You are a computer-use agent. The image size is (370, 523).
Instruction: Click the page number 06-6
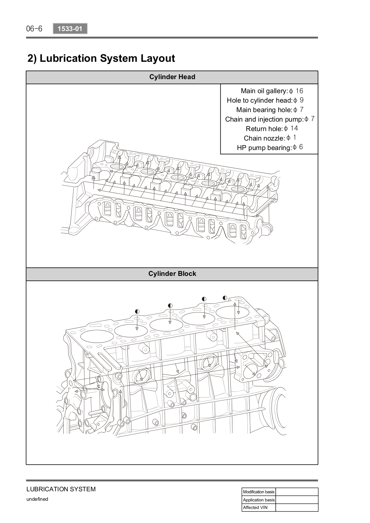tap(34, 29)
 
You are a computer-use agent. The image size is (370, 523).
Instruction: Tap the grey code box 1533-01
tap(70, 29)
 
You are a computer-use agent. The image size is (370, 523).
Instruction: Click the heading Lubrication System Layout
tap(101, 58)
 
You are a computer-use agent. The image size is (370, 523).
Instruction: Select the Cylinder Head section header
tap(172, 77)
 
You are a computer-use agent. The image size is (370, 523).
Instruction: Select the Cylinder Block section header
tap(172, 274)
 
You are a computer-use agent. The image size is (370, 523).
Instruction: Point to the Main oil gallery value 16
tap(299, 91)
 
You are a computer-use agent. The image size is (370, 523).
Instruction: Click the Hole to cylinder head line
tap(265, 100)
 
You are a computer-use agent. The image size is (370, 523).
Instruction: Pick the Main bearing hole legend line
tap(270, 110)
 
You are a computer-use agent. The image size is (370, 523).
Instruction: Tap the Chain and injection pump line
tap(270, 119)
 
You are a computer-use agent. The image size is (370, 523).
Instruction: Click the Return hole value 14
tap(294, 128)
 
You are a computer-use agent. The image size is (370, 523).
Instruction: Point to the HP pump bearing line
tap(270, 147)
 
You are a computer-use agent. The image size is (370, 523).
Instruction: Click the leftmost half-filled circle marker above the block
tap(137, 312)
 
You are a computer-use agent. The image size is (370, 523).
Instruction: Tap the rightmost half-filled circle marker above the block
tap(225, 298)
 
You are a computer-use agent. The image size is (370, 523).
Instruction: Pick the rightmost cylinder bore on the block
tap(232, 312)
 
